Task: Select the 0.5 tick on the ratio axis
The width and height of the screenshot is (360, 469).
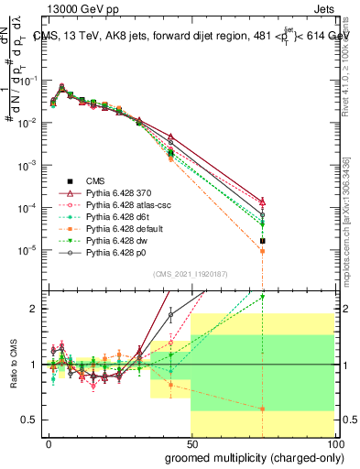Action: pyautogui.click(x=33, y=420)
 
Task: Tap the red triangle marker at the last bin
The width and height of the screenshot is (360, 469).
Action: pyautogui.click(x=262, y=201)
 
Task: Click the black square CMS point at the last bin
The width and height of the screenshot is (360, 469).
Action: pyautogui.click(x=262, y=242)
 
